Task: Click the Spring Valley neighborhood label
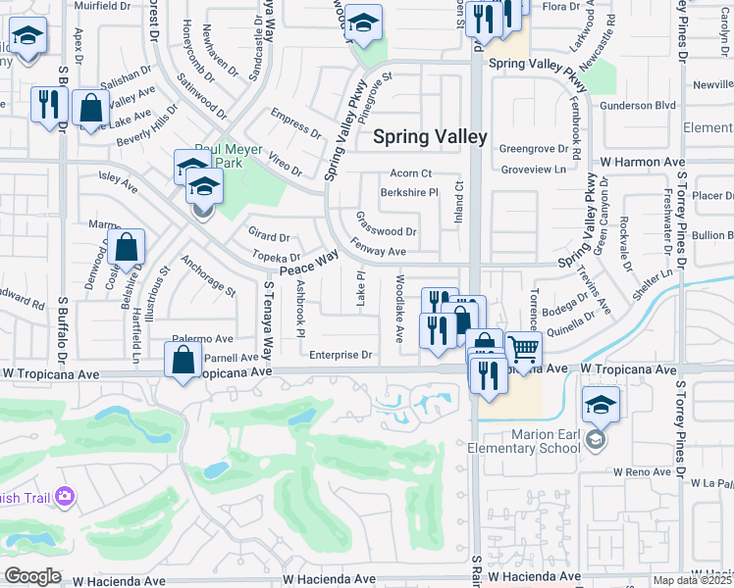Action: coord(430,137)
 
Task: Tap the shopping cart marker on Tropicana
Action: coord(524,351)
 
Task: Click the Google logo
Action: coord(32,576)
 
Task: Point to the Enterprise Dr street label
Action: coord(341,355)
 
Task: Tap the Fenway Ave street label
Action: coord(378,252)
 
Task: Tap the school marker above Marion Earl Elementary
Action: coord(601,404)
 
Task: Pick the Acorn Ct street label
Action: coord(410,173)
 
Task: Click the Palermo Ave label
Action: coord(203,338)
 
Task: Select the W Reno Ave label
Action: coord(639,472)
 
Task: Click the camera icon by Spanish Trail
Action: coord(66,497)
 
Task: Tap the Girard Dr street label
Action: coord(269,236)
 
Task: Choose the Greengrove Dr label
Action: coord(534,149)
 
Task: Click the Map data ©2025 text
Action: coord(693,580)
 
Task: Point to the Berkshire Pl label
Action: coord(409,193)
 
